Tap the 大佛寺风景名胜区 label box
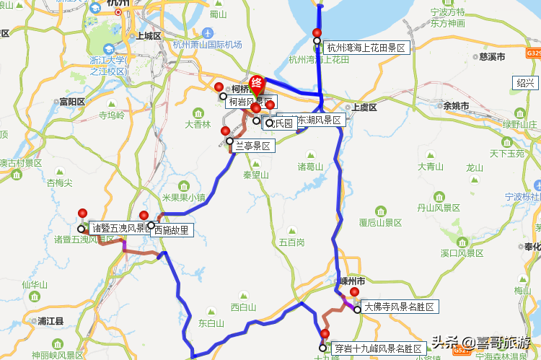point(399,307)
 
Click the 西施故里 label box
point(171,230)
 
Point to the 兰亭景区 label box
point(252,146)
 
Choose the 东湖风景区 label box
point(317,120)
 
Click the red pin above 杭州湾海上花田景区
point(317,32)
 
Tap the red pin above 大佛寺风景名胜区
point(354,292)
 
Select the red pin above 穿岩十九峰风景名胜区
point(325,334)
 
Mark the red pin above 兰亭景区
point(226,131)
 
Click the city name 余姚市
point(456,106)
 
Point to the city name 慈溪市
point(491,56)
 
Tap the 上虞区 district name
point(364,107)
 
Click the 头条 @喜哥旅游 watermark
point(480,342)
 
